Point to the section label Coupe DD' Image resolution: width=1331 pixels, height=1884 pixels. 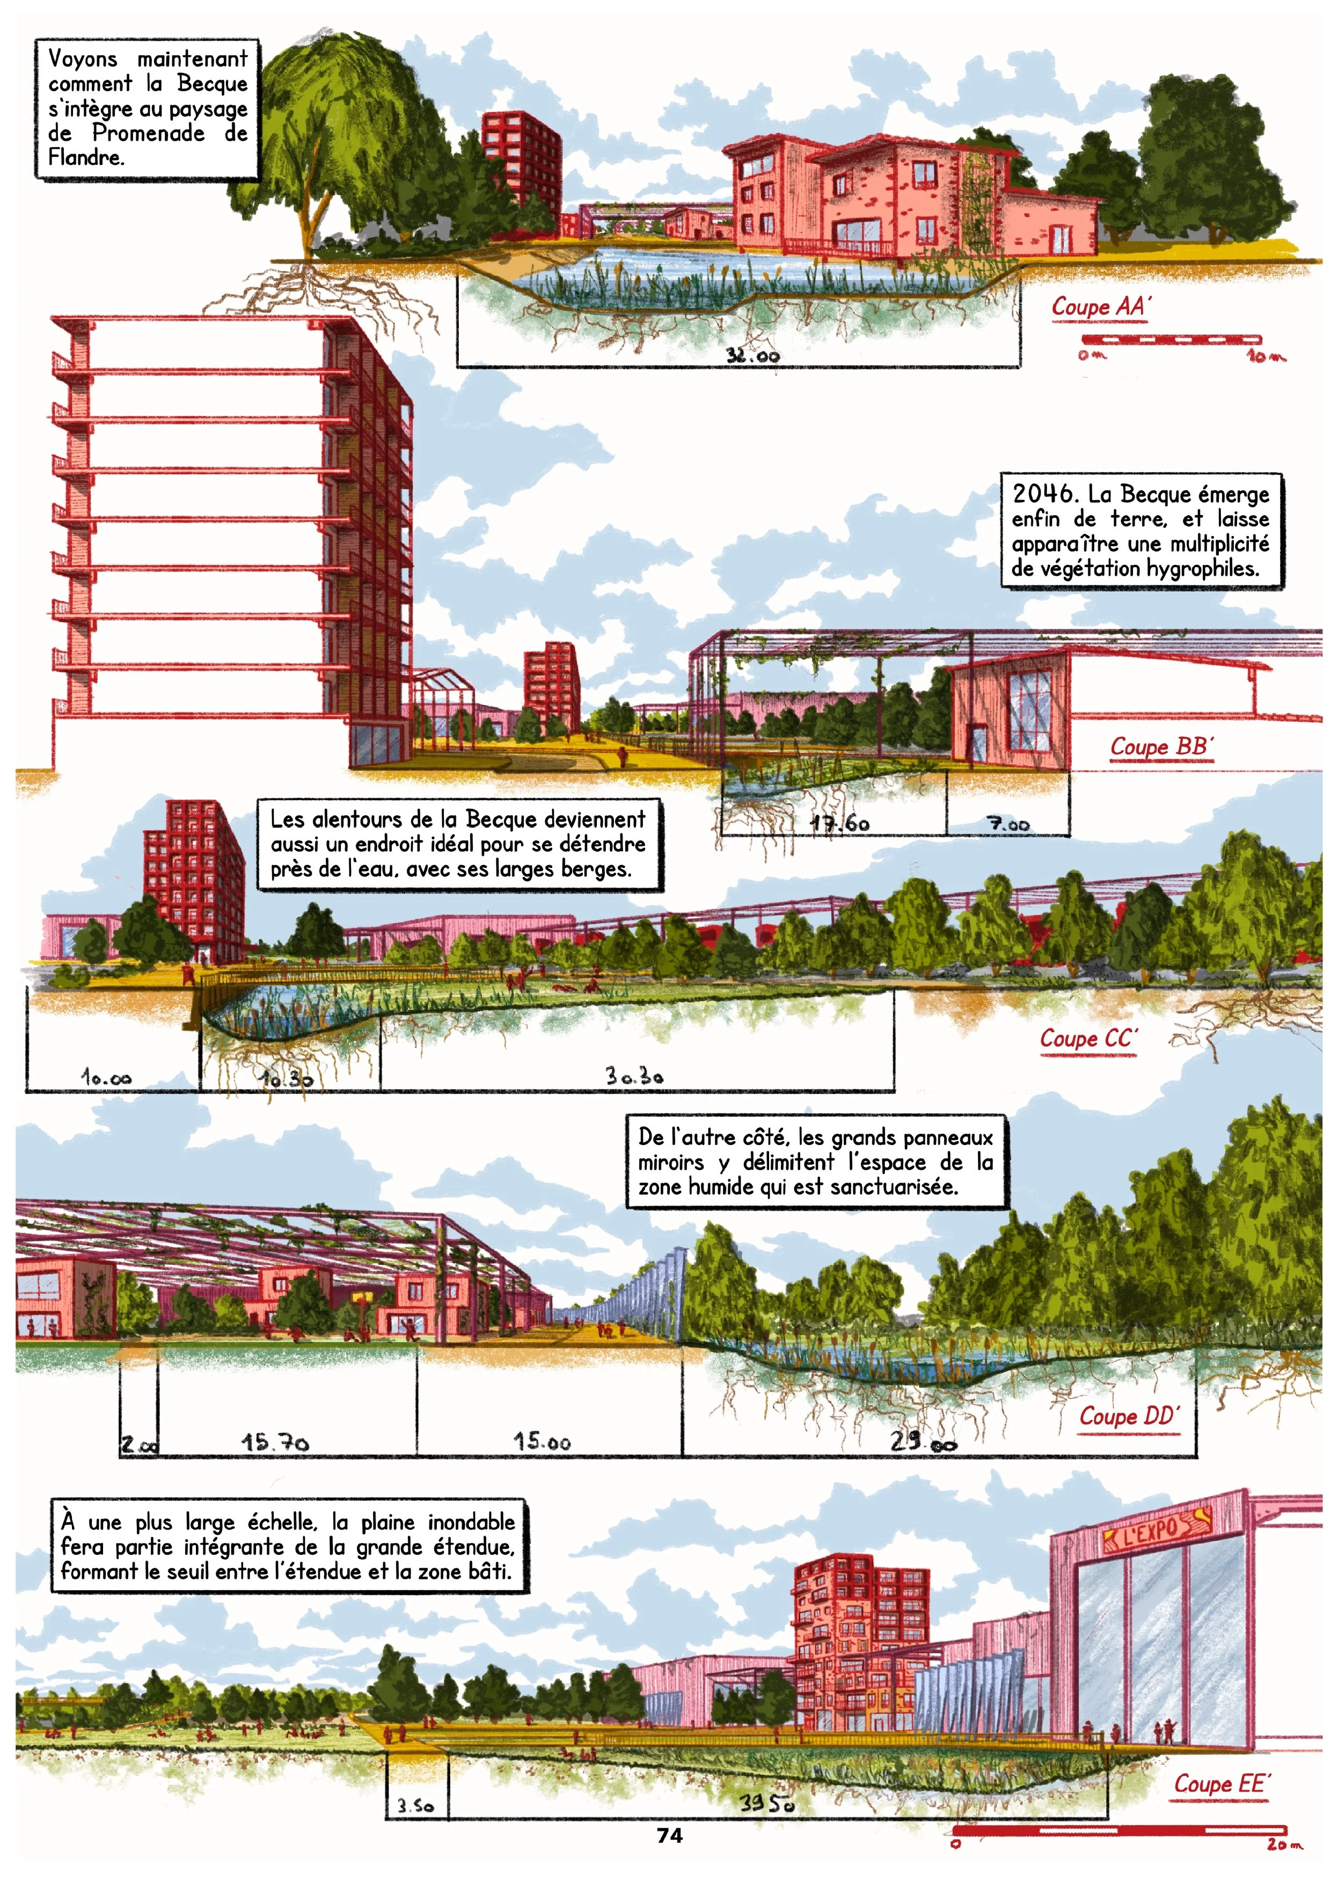pyautogui.click(x=1129, y=1416)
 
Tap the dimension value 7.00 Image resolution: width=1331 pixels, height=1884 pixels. pyautogui.click(x=1008, y=824)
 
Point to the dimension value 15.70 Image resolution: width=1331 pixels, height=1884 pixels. pyautogui.click(x=275, y=1441)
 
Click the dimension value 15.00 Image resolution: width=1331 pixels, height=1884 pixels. pyautogui.click(x=542, y=1441)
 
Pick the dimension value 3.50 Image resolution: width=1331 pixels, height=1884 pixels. pyautogui.click(x=416, y=1806)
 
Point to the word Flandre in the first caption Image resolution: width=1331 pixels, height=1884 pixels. pyautogui.click(x=85, y=157)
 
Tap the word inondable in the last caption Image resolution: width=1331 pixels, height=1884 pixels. pyautogui.click(x=472, y=1522)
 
